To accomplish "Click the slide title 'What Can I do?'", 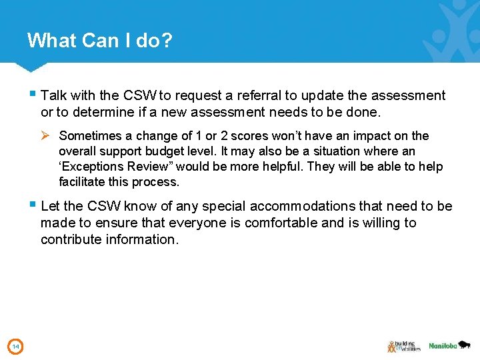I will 100,41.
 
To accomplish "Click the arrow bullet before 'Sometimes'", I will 45,136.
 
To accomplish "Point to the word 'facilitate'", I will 83,182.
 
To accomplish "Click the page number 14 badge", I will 15,346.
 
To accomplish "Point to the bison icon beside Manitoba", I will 465,345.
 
